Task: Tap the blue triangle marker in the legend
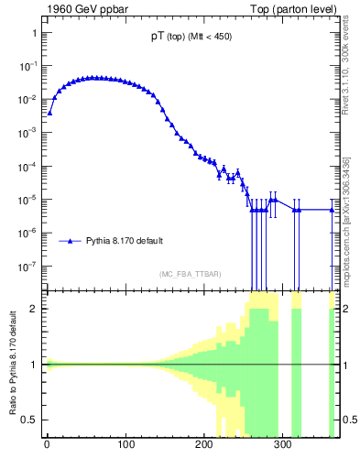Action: [71, 241]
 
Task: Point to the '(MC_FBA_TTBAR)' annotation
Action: [190, 274]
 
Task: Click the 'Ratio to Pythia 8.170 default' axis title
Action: [13, 364]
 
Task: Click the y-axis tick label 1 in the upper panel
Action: [34, 33]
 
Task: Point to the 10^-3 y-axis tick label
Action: [29, 133]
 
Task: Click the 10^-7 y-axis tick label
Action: [29, 267]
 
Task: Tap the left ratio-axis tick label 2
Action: [35, 309]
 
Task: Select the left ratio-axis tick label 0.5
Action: [30, 420]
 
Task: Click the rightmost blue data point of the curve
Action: [333, 210]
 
